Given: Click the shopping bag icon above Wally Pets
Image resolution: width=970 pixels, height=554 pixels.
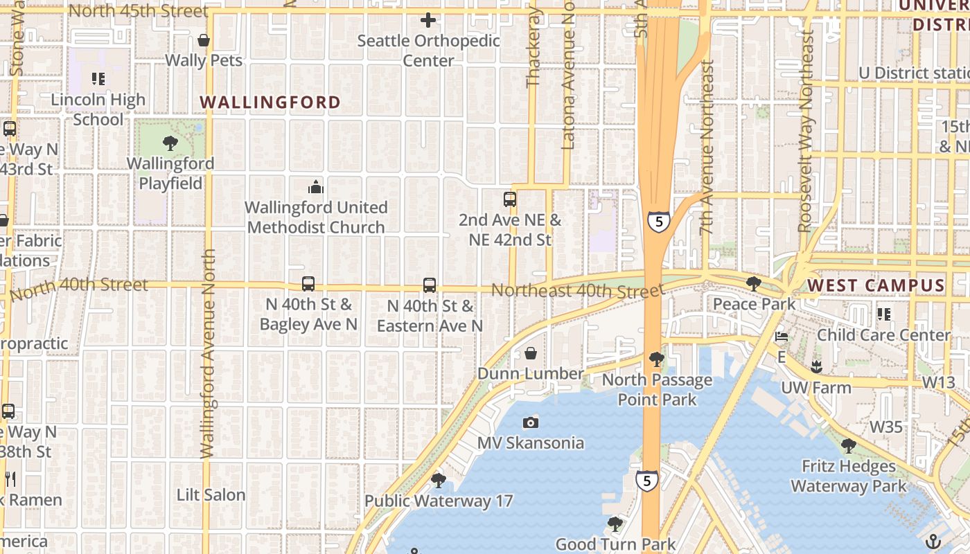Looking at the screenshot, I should click(204, 40).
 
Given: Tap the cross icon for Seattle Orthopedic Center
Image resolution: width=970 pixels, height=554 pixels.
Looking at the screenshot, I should click(428, 20).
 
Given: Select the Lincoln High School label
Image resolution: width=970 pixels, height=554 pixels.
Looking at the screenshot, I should click(98, 109).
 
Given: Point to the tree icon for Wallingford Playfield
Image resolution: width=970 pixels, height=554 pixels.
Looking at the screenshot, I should click(170, 143).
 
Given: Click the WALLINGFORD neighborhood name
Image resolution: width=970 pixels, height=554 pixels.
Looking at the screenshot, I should click(270, 102).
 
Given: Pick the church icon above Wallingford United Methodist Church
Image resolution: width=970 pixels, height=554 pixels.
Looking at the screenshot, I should click(315, 187).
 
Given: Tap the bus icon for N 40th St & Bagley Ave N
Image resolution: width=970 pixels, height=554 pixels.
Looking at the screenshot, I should click(308, 284).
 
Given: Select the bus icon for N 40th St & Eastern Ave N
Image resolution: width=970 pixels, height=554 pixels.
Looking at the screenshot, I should click(430, 285).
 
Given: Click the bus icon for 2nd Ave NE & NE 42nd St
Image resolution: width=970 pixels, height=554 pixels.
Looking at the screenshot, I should click(510, 199).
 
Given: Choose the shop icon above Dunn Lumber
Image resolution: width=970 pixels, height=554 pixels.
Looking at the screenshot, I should click(531, 354).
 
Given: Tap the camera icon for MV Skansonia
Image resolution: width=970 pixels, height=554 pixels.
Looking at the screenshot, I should click(531, 422).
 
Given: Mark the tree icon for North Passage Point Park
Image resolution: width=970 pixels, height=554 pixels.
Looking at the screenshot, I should click(656, 359).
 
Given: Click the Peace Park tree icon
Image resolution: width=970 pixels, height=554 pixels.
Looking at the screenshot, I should click(754, 284).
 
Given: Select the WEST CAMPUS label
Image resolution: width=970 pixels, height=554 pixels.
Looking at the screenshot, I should click(876, 285).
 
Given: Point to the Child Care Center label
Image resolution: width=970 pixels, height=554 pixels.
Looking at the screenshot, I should click(884, 334).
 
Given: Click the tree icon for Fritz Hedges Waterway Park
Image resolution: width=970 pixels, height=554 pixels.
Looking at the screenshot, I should click(848, 446).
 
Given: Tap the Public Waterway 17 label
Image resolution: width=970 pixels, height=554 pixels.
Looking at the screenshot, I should click(439, 501).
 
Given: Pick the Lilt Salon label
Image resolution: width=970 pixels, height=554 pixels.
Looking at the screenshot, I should click(211, 495).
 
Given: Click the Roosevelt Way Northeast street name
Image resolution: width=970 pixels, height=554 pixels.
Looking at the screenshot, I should click(806, 132).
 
